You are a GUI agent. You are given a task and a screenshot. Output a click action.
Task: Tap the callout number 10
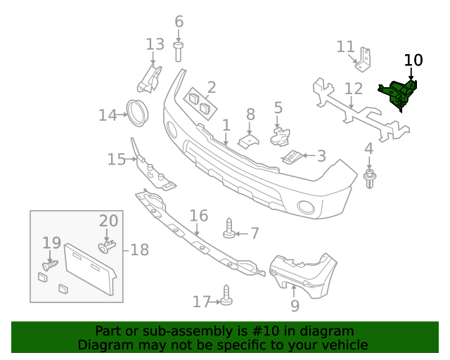coord(413,60)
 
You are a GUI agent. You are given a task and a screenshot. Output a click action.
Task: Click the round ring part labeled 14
coord(136,113)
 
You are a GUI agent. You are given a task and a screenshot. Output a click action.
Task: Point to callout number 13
coord(155,44)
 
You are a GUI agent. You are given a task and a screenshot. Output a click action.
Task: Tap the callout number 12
coord(354,89)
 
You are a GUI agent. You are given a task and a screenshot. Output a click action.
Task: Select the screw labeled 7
coord(229,229)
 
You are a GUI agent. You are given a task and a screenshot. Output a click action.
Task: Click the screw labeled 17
coord(226,295)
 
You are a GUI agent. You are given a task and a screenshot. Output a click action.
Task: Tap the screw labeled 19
coord(50,265)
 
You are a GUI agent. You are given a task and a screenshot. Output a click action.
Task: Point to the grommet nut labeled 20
coord(106,247)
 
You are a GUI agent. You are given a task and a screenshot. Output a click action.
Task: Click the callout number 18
coord(139,250)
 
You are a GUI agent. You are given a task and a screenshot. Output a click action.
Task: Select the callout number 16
coord(199,215)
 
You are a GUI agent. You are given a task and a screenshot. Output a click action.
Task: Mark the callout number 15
coord(116,160)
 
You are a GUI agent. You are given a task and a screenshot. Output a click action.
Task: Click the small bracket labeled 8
coord(248,139)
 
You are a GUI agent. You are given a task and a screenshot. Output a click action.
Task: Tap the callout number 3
coord(321,155)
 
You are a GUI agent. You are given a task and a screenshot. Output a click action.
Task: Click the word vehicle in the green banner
coord(343,345)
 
